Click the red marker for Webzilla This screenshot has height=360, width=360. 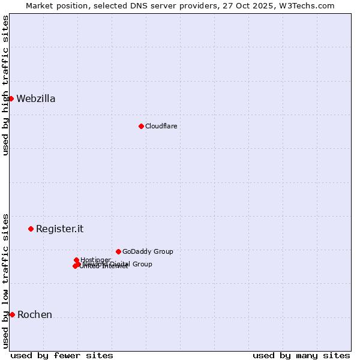click(x=11, y=98)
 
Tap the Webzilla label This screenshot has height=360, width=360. click(x=36, y=99)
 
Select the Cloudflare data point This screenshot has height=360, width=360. click(x=141, y=126)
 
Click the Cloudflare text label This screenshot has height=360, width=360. click(x=161, y=126)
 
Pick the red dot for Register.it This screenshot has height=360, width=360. click(x=31, y=229)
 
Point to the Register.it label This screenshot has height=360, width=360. click(x=59, y=229)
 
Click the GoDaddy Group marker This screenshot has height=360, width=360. click(x=118, y=251)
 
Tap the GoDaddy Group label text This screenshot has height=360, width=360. click(x=148, y=251)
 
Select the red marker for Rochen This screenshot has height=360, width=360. click(x=12, y=314)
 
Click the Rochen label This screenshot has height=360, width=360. click(x=35, y=315)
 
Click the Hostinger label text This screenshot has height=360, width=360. click(x=95, y=260)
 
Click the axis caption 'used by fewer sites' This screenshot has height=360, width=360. click(x=62, y=355)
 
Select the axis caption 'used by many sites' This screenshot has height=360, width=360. click(x=301, y=355)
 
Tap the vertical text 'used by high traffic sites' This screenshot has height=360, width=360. click(x=5, y=85)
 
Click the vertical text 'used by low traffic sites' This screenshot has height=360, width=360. click(x=5, y=281)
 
